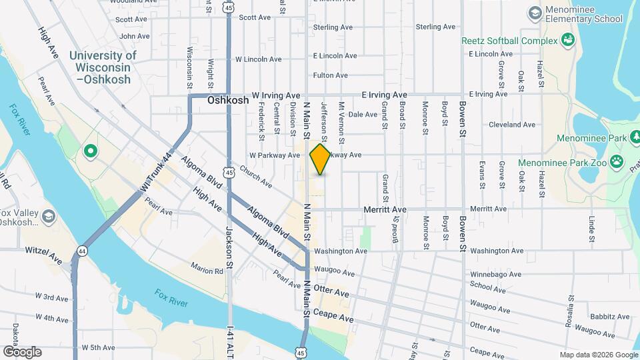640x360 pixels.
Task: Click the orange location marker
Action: [x=321, y=159]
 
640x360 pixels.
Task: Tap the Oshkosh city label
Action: [x=228, y=101]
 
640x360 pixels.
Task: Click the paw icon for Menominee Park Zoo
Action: [x=617, y=160]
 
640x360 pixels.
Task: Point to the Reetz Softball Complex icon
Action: [x=568, y=41]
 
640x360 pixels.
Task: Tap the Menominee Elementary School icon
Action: [x=534, y=13]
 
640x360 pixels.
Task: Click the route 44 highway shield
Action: [x=82, y=251]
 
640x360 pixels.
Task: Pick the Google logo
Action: [x=22, y=351]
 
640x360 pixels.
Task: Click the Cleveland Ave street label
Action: [x=512, y=125]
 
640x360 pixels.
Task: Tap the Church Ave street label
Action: [x=257, y=176]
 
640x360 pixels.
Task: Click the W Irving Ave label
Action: [x=275, y=95]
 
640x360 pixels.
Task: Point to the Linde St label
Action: [x=591, y=229]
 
